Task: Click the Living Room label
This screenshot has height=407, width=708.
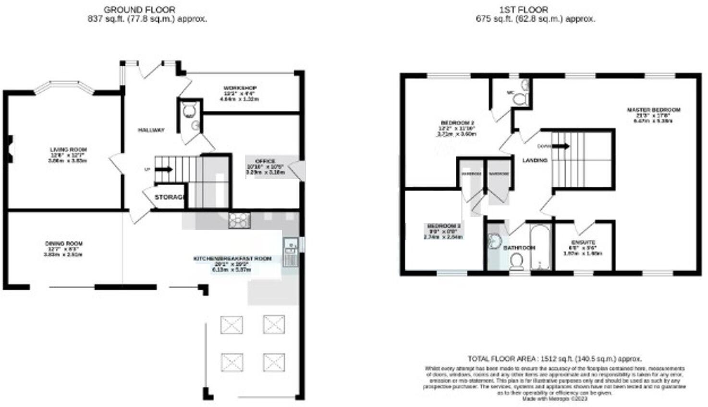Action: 68,150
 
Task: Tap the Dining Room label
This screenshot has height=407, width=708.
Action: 63,244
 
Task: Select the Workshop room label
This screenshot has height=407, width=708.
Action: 240,88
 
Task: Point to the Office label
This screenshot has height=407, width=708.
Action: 265,161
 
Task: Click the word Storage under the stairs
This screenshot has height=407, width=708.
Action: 170,197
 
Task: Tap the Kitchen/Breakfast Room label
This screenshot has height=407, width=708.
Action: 232,259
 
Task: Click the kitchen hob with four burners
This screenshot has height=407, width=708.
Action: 240,220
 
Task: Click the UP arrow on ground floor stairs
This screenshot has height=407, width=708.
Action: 164,169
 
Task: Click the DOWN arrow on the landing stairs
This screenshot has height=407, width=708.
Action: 560,146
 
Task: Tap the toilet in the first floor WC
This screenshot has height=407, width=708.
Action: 519,99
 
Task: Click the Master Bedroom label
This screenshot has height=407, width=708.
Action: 653,110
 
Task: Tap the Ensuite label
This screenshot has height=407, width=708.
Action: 583,242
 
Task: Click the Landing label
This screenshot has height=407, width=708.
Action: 535,160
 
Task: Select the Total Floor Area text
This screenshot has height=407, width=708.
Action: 554,359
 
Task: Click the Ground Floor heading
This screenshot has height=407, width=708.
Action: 139,9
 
